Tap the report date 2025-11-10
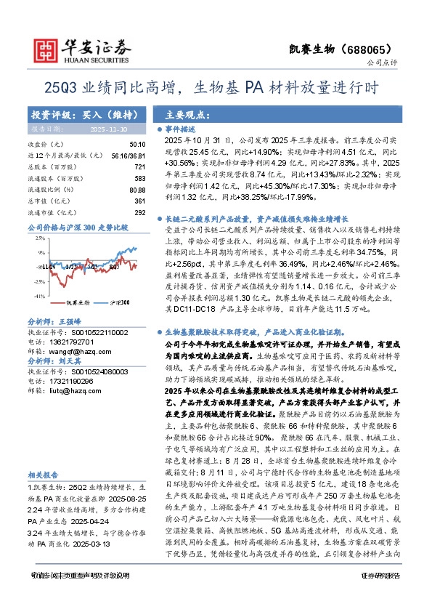[105, 128]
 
